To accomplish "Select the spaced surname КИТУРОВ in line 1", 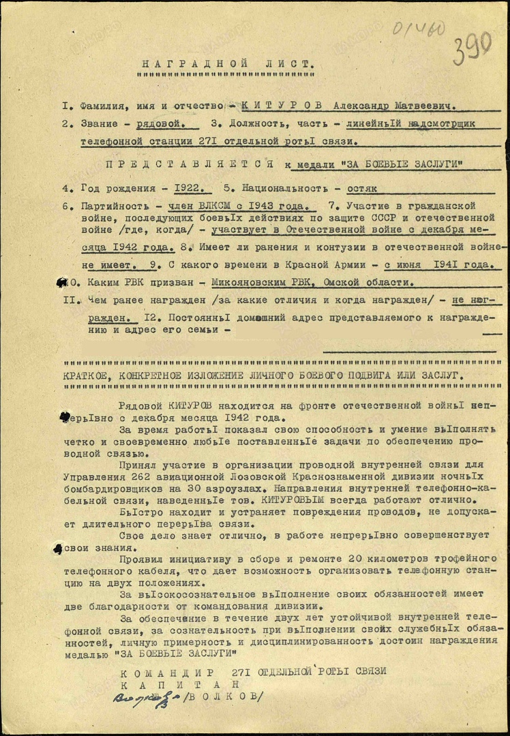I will coord(280,106).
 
